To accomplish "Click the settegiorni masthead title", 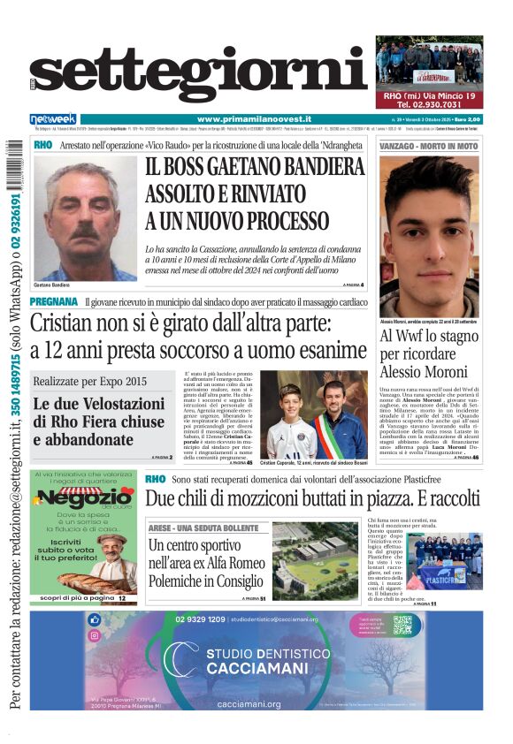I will point(199,78).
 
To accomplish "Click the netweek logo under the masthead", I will point(53,119).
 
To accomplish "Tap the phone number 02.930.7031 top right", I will point(429,105).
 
